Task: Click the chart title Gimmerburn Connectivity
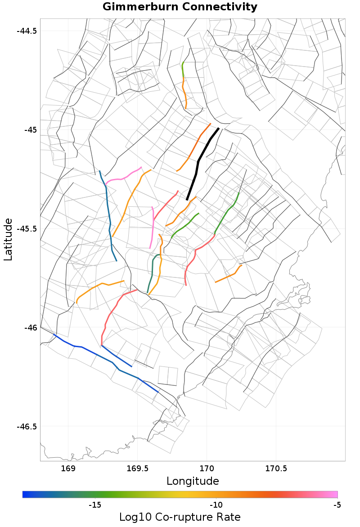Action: coord(180,7)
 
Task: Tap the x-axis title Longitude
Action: coord(193,481)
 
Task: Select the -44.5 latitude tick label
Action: coord(27,31)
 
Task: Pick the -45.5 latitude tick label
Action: coord(27,228)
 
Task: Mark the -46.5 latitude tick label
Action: coord(27,426)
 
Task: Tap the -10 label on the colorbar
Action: coord(216,505)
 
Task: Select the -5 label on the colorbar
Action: coord(337,505)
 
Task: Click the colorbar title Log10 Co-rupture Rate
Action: coord(180,517)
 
